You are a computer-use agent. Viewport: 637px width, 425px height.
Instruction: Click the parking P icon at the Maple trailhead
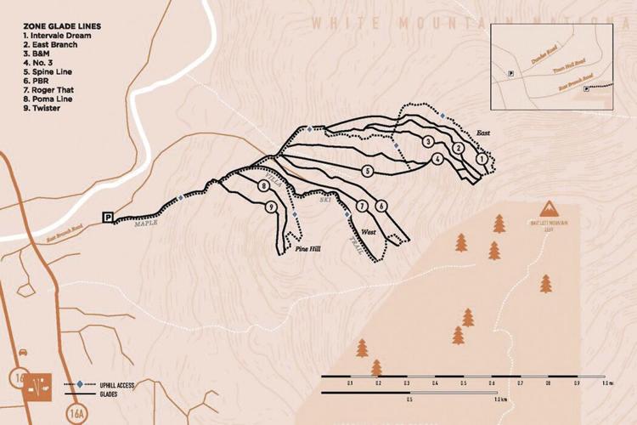(107, 218)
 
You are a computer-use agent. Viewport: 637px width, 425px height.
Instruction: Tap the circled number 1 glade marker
(482, 158)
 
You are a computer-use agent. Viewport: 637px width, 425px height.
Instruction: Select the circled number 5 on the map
(367, 170)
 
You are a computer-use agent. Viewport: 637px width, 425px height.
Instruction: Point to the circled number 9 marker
(271, 207)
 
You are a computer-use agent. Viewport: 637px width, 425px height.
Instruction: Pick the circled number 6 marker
(381, 206)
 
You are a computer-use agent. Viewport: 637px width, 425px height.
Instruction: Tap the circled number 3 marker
(428, 140)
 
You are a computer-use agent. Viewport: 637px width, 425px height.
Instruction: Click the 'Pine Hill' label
(307, 250)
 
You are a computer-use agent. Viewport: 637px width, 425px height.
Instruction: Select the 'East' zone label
(483, 133)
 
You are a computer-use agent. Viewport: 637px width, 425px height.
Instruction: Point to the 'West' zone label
(369, 231)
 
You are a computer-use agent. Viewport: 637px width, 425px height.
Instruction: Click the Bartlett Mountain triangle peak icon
(549, 210)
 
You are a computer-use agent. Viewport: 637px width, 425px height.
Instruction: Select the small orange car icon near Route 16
(20, 352)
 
